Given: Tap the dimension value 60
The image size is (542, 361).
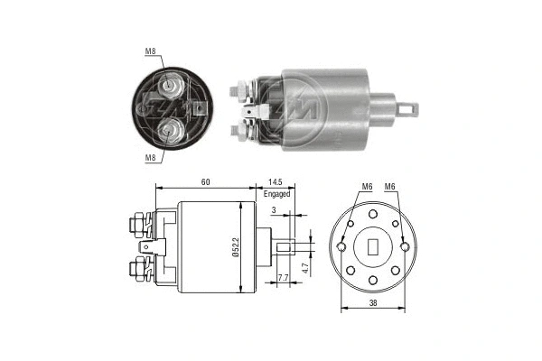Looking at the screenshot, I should coord(207,182).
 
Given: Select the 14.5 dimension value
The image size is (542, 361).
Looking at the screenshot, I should coord(276,182).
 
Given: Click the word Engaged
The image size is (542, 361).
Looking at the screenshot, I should coord(277,193).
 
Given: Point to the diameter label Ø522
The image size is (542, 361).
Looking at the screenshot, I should coord(234,247).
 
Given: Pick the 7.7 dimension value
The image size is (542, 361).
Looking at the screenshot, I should coord(283,278).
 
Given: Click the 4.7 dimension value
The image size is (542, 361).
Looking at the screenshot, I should coord(308,268).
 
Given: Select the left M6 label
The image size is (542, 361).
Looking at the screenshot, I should coord(367,187).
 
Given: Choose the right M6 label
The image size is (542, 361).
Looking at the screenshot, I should coord(390,187).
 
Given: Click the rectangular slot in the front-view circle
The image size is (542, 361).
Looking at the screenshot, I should coord(371,246).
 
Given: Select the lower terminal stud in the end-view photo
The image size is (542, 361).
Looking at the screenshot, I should coord(168,134).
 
